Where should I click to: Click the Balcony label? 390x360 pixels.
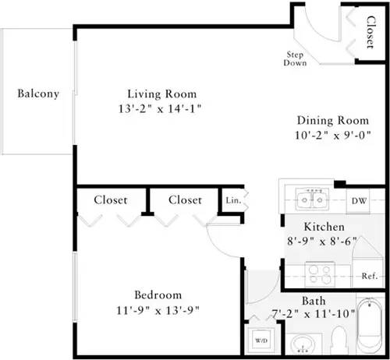click(x=38, y=94)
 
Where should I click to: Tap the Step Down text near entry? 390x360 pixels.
click(x=295, y=58)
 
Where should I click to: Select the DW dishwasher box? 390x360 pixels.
click(x=358, y=200)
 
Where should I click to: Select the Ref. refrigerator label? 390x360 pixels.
click(x=369, y=276)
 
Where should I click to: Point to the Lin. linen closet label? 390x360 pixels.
click(x=232, y=200)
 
